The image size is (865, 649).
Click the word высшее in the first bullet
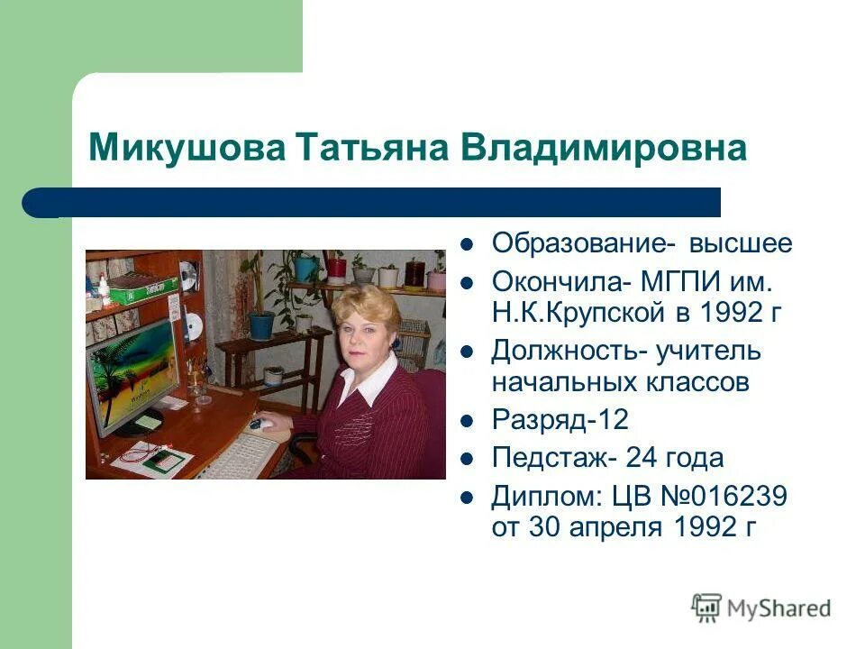pos(742,243)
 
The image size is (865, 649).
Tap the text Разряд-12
pos(560,420)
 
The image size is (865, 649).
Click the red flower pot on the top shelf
pos(335,267)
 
